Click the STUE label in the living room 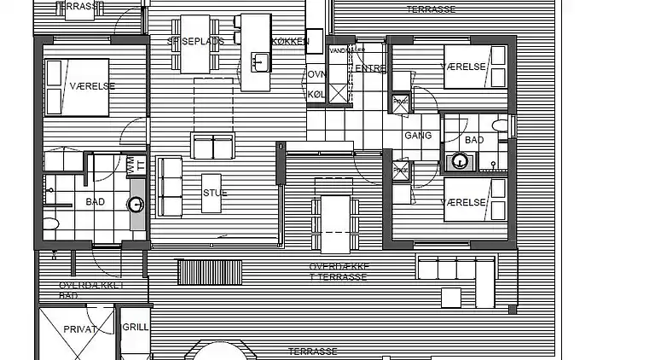pos(215,193)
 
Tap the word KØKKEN pos(290,41)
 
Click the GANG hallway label pos(419,136)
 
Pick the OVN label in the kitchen pos(316,75)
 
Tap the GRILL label pos(136,327)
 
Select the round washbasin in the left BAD pos(136,204)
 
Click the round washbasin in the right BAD pos(461,159)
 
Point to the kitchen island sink pos(259,61)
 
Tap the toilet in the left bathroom pos(52,224)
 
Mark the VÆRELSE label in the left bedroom pos(75,86)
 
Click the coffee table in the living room pos(213,147)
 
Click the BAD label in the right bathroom pos(475,139)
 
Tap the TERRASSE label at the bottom pos(312,351)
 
